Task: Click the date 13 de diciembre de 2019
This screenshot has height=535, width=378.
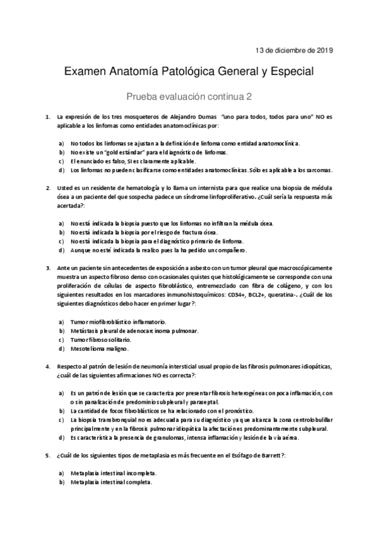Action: [x=294, y=50]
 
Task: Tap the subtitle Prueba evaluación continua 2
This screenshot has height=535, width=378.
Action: [x=189, y=97]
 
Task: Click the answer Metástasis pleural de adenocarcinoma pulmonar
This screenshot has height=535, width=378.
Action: [x=134, y=331]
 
